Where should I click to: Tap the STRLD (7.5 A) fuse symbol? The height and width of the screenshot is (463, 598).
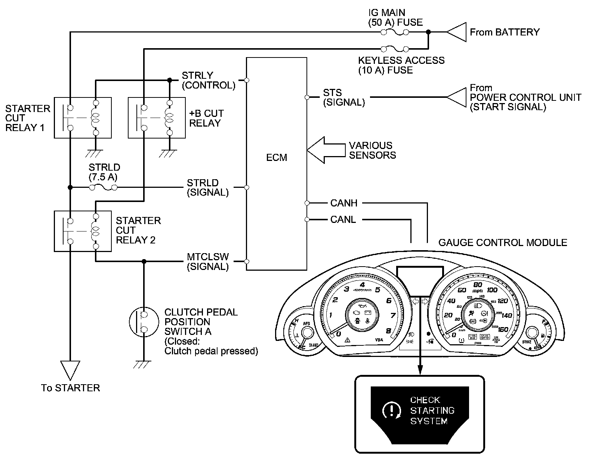point(103,187)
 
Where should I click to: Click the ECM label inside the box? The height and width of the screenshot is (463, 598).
point(277,158)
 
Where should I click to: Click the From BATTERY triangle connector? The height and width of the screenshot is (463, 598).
point(456,32)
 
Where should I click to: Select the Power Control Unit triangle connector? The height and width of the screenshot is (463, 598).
point(456,97)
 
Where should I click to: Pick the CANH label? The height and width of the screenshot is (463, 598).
point(344,203)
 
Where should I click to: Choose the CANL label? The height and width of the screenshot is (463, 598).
point(343,220)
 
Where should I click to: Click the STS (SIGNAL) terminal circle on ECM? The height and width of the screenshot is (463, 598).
point(307,97)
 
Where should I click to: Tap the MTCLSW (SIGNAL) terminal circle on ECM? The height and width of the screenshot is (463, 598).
point(246,261)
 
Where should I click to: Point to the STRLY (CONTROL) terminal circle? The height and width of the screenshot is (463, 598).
point(246,80)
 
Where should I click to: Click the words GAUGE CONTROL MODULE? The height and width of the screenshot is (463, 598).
point(503,243)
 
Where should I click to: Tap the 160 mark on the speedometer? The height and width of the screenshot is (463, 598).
point(503,329)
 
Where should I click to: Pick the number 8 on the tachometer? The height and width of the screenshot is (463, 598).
point(389,331)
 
